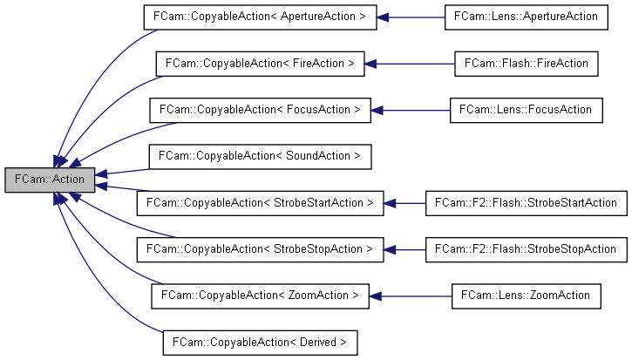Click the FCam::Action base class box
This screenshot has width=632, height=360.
49,178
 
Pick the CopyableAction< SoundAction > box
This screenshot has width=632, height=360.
260,157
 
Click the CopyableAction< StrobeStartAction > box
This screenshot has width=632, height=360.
260,203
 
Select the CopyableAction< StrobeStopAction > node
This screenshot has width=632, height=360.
260,249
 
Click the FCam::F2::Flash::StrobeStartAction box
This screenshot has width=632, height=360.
526,203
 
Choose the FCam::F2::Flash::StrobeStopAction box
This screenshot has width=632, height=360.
526,249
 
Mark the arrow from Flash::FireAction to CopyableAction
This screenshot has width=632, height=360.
410,64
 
